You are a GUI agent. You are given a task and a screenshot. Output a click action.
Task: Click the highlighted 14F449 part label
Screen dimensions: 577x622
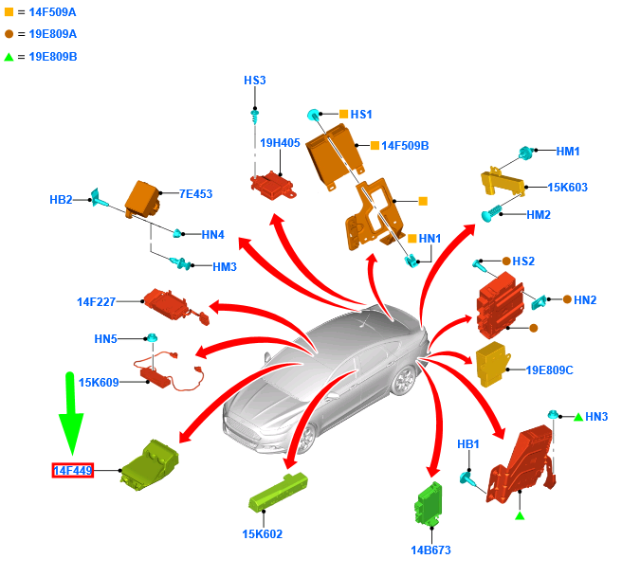73,470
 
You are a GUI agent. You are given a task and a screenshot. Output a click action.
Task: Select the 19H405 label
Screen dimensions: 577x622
280,143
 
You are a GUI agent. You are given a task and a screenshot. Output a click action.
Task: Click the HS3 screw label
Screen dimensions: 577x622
254,81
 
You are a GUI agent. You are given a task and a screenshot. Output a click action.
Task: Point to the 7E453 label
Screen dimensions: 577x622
195,194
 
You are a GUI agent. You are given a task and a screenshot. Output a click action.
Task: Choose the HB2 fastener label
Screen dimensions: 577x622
61,200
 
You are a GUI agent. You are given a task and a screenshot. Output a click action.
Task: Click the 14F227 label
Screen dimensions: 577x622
96,302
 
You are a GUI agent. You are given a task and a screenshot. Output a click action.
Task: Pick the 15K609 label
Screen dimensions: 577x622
99,383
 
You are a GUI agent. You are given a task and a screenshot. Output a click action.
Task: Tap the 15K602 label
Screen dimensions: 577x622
262,533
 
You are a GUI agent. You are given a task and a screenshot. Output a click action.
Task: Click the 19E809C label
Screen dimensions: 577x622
550,370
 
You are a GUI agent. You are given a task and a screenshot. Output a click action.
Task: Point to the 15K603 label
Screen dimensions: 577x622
568,188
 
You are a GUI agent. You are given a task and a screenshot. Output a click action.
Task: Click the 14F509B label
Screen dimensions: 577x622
405,146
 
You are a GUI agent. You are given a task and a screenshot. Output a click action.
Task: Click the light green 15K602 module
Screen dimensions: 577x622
280,494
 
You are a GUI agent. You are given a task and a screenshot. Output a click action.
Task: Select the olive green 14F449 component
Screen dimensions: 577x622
151,464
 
